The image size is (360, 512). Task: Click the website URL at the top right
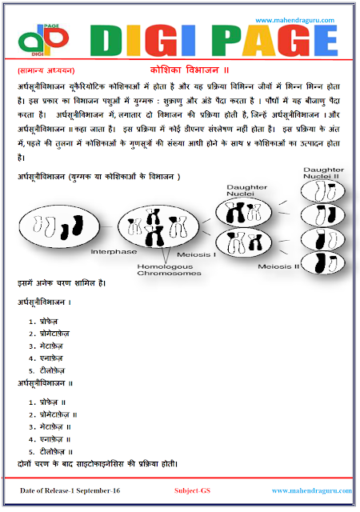pyautogui.click(x=300, y=20)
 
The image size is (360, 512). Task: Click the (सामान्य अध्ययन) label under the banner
pyautogui.click(x=40, y=70)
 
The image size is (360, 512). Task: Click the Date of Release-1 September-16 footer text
pyautogui.click(x=72, y=490)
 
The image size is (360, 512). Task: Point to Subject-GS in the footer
pyautogui.click(x=192, y=490)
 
